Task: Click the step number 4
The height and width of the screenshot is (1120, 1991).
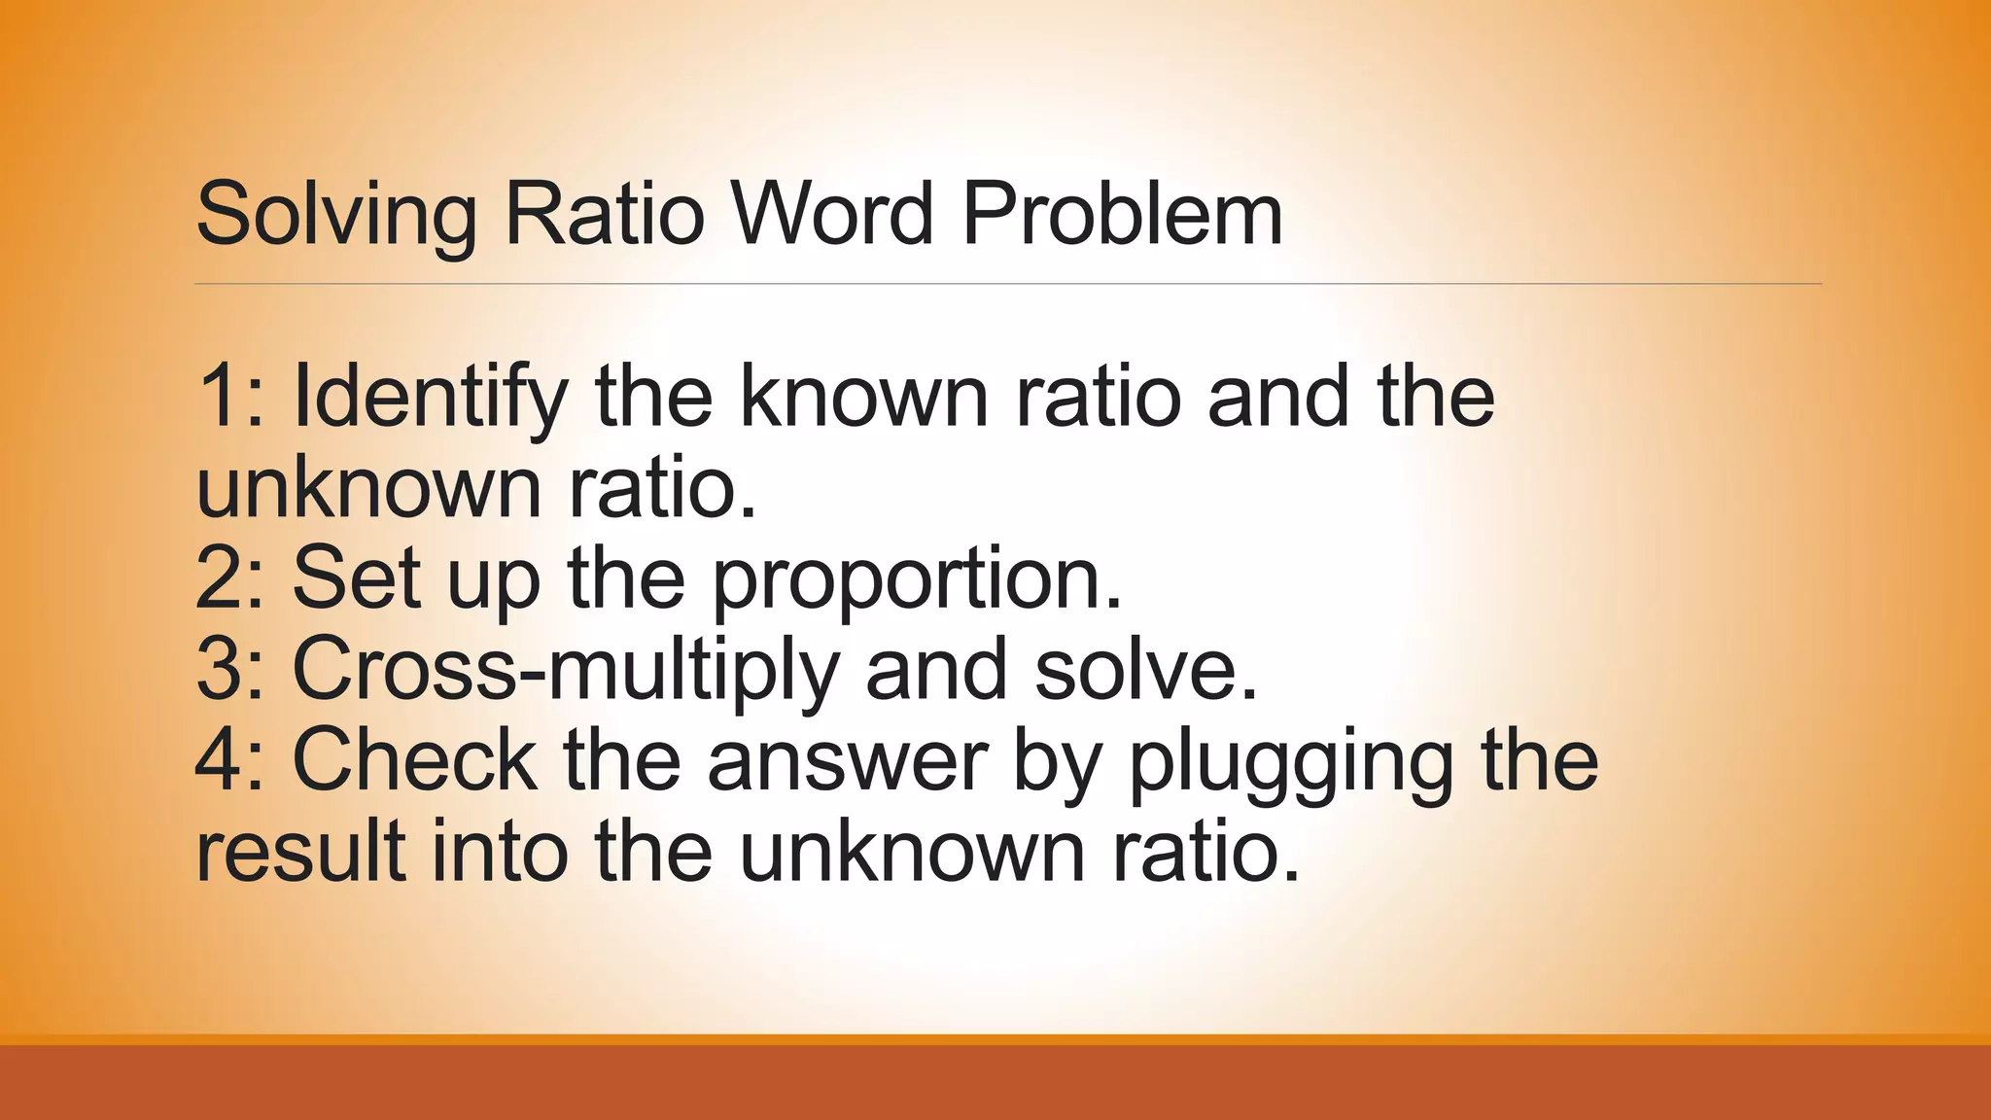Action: coord(219,760)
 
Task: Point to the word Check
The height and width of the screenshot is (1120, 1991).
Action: coord(414,760)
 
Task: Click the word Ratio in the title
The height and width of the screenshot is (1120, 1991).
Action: coord(604,213)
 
